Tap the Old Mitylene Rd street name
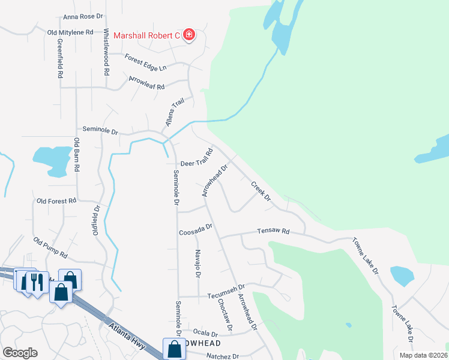[70, 32]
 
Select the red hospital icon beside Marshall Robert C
[189, 35]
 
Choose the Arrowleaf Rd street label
[146, 83]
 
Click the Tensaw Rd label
[273, 231]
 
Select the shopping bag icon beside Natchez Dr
[173, 347]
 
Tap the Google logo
[20, 352]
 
